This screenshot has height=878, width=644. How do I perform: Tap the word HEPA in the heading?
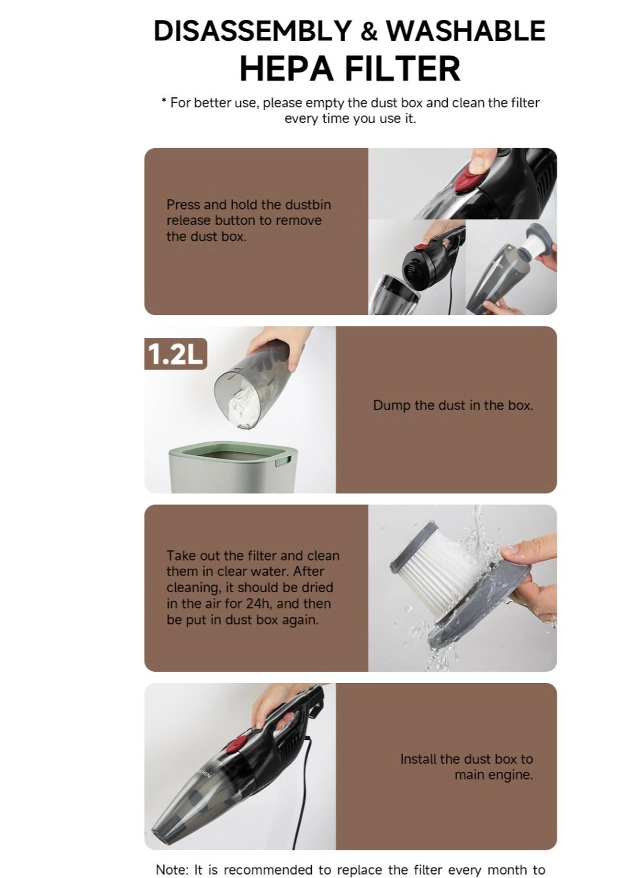287,69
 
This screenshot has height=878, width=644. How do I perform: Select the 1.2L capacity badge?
175,354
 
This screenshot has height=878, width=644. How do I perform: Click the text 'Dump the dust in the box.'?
453,405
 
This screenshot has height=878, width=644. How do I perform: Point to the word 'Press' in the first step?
183,205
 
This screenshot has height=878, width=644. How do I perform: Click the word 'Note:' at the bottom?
172,870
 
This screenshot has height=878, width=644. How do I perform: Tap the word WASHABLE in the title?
466,31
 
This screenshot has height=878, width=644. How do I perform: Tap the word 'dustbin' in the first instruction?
308,205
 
